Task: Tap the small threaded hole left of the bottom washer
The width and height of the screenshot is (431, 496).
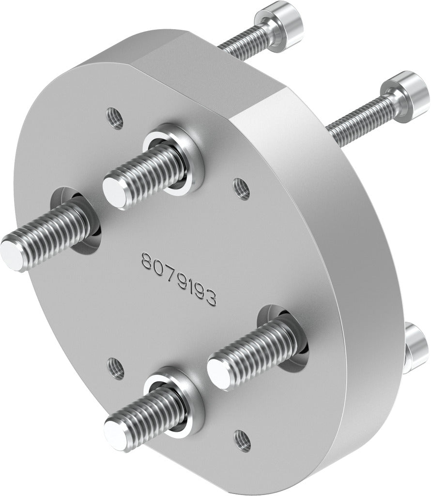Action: click(x=116, y=370)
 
